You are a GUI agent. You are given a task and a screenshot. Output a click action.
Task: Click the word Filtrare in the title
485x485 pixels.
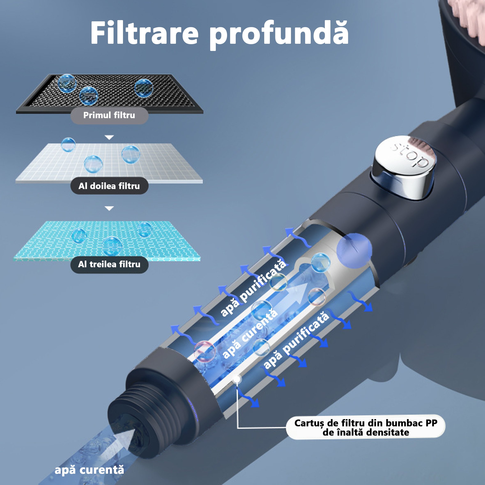(145, 33)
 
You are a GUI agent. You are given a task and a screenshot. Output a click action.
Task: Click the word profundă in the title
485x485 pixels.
(279, 35)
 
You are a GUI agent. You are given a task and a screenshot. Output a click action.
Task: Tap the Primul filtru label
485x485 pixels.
(109, 115)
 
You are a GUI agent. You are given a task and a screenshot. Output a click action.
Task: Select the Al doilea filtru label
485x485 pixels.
(109, 186)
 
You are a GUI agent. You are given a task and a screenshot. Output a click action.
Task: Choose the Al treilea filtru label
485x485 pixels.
(109, 264)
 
